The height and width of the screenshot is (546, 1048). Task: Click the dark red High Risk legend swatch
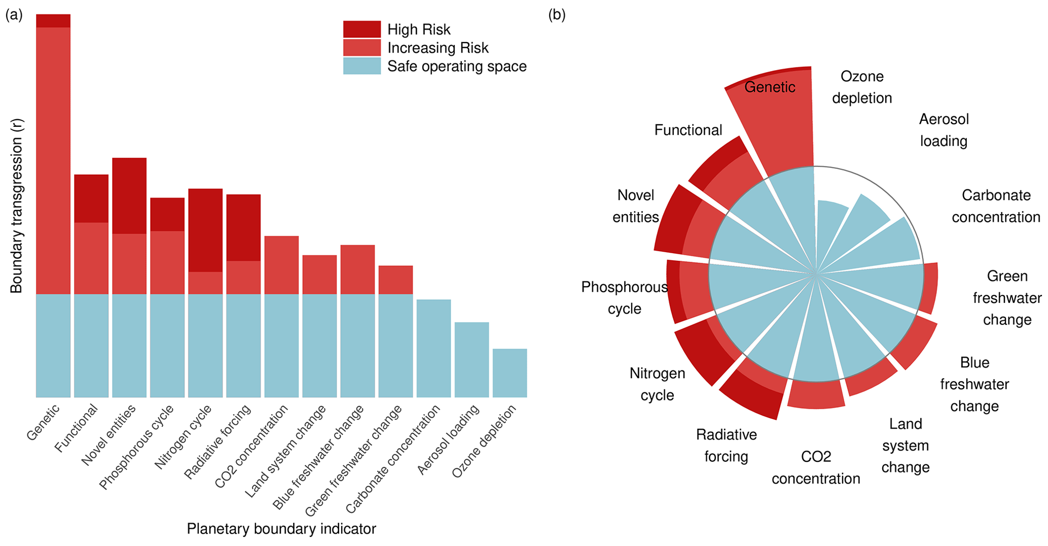tap(362, 29)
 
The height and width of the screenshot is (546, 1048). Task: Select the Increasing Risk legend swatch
tap(362, 48)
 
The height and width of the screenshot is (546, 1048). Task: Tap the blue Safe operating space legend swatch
tap(362, 66)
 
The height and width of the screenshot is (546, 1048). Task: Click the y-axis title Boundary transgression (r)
tap(17, 206)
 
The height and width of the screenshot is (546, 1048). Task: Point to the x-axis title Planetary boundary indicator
tap(281, 529)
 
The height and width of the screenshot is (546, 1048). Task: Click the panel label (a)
tap(14, 15)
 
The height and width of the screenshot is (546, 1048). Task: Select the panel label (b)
tap(557, 15)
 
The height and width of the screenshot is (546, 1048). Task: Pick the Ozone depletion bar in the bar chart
tap(510, 373)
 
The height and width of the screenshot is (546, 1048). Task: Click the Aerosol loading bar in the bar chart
tap(472, 359)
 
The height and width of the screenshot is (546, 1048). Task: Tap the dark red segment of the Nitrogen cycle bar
tap(205, 230)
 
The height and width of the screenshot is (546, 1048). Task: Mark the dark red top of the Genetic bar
tap(53, 21)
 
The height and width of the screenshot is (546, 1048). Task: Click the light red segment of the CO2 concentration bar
tap(281, 265)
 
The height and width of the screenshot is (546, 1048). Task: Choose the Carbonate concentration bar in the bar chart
tap(433, 348)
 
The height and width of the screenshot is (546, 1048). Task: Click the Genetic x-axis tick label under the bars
tap(44, 422)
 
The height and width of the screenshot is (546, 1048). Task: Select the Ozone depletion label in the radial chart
tap(862, 87)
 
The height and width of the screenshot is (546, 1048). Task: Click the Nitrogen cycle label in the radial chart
tap(657, 384)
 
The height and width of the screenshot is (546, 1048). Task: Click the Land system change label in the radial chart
tap(906, 446)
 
